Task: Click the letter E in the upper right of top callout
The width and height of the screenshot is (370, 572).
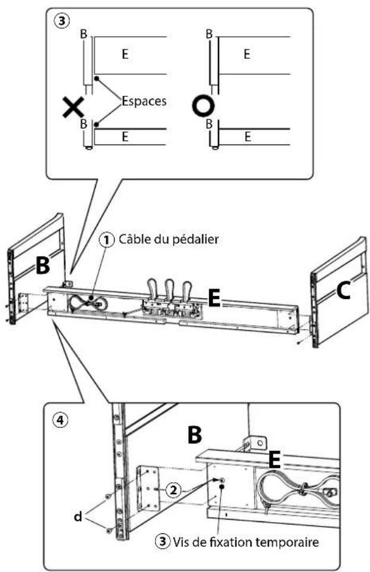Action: (246, 55)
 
